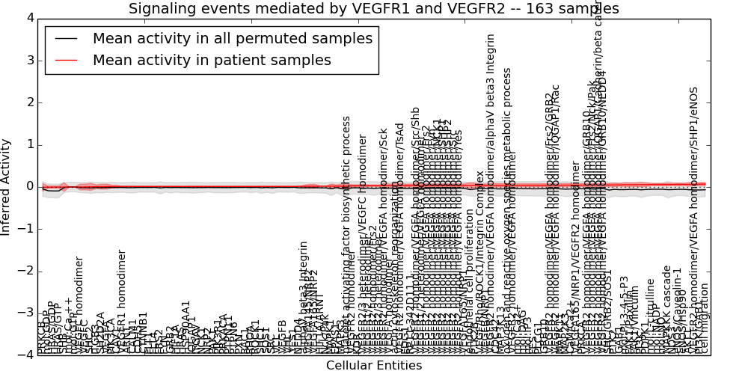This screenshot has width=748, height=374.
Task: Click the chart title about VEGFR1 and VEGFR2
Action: [373, 8]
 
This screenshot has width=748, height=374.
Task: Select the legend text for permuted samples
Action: [232, 39]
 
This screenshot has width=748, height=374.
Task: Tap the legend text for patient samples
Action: [212, 61]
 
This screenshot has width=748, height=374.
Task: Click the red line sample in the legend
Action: [66, 61]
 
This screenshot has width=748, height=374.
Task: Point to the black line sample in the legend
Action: [66, 39]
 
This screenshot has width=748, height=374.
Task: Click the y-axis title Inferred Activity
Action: [7, 186]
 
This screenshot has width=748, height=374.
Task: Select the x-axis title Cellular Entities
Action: [373, 366]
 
